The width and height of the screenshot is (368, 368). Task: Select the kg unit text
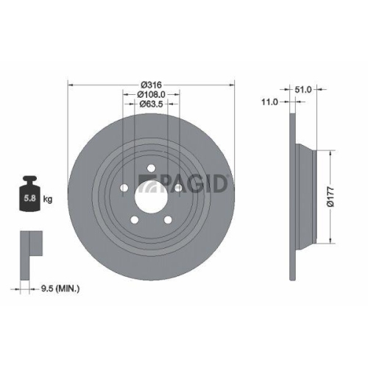point(48,199)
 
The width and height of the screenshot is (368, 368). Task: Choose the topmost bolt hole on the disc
point(150,169)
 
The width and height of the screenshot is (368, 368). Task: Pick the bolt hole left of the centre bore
point(123,187)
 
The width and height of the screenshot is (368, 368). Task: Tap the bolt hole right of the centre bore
point(176,188)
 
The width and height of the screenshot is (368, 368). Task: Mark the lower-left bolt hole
point(133,219)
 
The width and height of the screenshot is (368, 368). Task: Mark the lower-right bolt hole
point(166,219)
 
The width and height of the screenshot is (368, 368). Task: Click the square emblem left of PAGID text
point(146,183)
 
